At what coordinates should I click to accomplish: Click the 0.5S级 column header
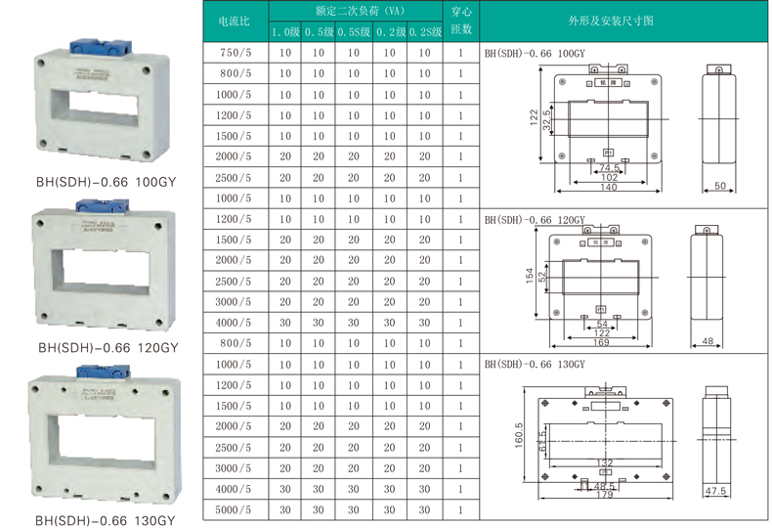353,32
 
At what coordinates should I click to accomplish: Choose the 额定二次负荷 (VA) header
354,12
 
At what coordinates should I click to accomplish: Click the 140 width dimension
608,187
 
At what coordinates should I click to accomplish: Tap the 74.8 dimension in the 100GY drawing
609,167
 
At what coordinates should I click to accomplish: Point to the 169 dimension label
602,343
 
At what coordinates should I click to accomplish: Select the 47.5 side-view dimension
716,491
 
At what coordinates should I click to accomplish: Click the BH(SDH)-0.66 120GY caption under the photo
107,347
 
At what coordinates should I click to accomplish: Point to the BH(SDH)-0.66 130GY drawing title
535,364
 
